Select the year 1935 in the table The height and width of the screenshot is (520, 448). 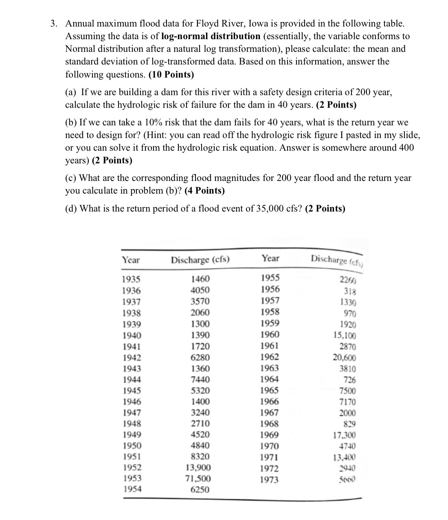pos(131,279)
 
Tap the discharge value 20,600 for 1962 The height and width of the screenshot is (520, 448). pos(345,358)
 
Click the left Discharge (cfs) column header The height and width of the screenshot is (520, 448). pos(200,260)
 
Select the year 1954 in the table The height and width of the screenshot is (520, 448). pos(132,489)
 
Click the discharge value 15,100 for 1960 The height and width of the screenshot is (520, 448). pos(345,336)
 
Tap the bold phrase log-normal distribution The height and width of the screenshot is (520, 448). pos(211,36)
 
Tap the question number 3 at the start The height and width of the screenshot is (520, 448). pos(53,24)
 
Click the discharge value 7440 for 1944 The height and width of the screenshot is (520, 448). pos(200,380)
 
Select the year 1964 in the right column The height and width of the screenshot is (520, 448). pos(270,379)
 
